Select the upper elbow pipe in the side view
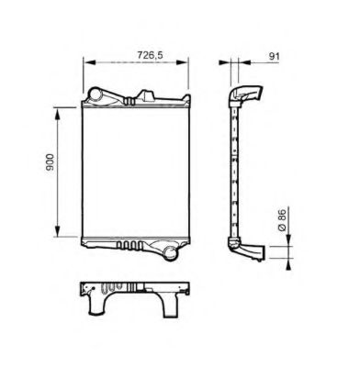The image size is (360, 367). coord(245,95)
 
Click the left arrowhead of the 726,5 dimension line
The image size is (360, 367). coord(87,63)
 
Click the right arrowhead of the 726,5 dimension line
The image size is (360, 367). coord(186,63)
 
